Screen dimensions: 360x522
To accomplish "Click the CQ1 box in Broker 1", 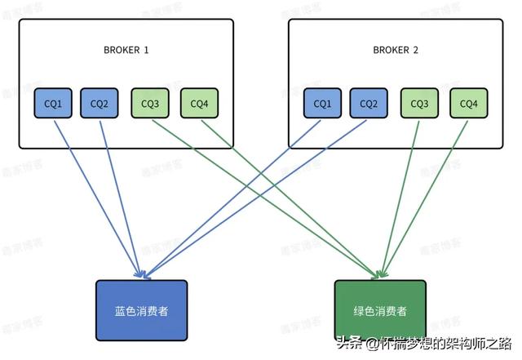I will [53, 104].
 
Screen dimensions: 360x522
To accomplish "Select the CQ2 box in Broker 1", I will [100, 104].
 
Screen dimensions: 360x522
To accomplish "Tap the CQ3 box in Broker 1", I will [150, 104].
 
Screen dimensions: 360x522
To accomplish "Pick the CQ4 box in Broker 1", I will [199, 104].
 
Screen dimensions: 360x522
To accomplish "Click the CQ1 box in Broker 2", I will [323, 104].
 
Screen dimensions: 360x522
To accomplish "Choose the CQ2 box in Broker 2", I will [369, 104].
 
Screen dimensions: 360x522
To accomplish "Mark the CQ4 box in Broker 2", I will [469, 104].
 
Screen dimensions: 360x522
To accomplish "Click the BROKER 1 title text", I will [126, 51].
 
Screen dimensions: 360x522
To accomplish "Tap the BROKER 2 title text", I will [396, 51].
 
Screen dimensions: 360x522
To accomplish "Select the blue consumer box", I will [142, 311].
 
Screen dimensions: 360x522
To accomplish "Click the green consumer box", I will [379, 311].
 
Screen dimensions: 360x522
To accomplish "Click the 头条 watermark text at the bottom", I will [348, 344].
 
